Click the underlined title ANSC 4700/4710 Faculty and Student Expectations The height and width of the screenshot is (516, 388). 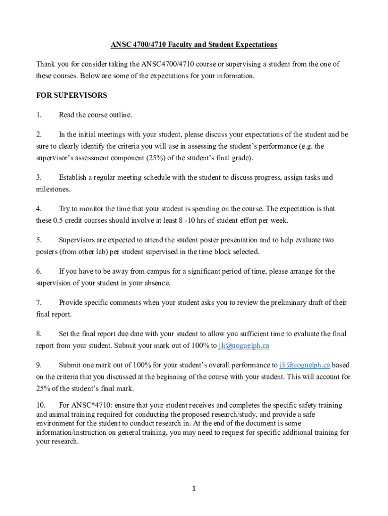pos(194,45)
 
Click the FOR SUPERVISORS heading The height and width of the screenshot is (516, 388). pos(72,95)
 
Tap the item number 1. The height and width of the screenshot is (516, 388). pos(38,115)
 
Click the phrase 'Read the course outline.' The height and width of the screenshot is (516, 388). pos(95,115)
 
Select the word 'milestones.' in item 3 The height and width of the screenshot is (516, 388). pos(52,189)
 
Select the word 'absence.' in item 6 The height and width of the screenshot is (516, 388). pos(157,283)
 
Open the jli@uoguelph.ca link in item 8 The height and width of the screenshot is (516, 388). pos(244,346)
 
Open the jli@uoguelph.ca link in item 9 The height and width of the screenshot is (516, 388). pos(305,365)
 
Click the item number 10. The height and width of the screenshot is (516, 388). pos(41,405)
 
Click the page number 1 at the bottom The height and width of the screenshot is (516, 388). pos(193,488)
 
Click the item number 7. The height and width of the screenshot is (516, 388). pos(38,302)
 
